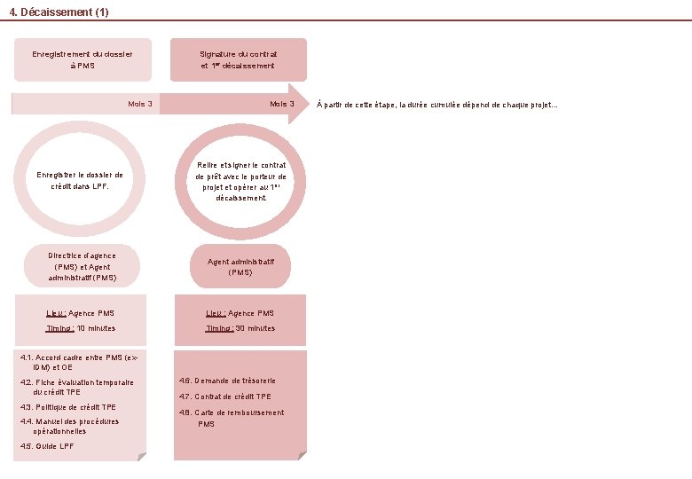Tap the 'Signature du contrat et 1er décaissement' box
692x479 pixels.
point(238,59)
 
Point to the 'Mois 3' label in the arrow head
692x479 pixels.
point(282,104)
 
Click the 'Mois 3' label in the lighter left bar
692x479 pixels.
point(140,104)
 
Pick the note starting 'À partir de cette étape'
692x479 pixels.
point(437,104)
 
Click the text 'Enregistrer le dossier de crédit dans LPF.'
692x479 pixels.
point(81,181)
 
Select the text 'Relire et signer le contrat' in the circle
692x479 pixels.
point(240,165)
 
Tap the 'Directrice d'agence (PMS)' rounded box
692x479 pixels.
point(82,266)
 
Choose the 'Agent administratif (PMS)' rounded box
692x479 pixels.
point(240,266)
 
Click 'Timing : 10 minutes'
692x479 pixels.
point(81,328)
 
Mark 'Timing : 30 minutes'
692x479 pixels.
point(240,328)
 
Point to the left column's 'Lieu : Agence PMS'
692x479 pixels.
point(81,313)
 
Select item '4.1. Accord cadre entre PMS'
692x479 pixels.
point(79,362)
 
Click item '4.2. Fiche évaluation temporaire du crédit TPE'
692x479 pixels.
point(77,387)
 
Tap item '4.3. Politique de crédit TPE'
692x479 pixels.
point(68,407)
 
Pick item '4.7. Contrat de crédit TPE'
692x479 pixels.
point(225,397)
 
